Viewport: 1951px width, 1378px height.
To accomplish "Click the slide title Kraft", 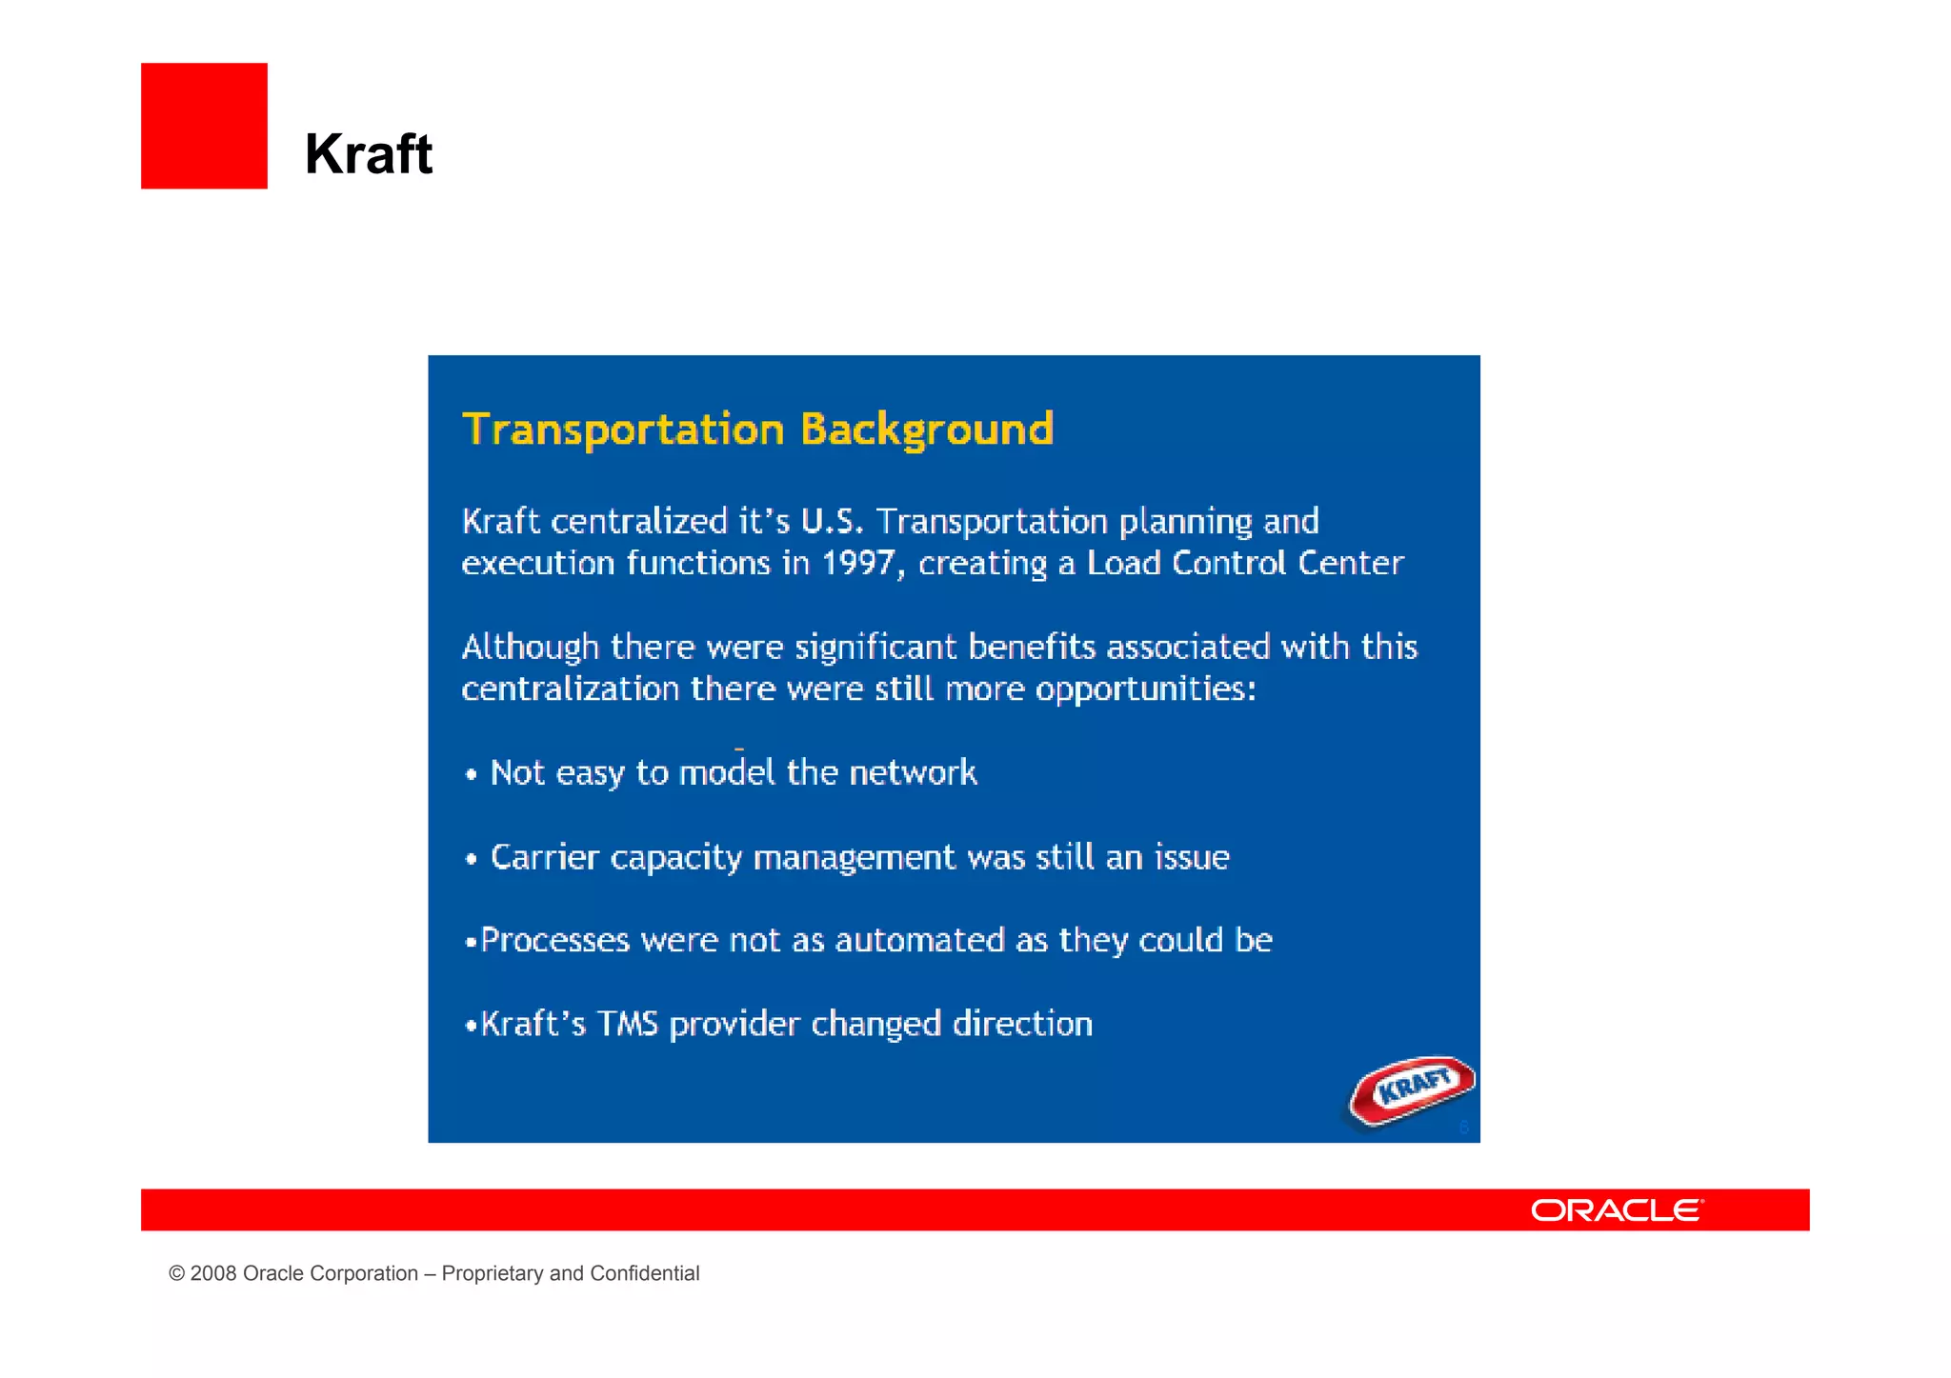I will point(369,154).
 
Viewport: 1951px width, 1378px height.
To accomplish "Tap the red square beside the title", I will point(204,126).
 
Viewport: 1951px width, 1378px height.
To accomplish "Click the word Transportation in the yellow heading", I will point(623,429).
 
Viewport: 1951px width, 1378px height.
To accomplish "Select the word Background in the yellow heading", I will point(927,429).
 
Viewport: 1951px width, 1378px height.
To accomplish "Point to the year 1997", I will point(858,563).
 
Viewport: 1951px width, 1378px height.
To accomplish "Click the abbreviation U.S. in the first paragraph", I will point(832,521).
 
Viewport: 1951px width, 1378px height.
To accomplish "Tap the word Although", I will point(531,647).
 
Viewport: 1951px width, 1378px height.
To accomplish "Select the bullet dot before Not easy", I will point(471,774).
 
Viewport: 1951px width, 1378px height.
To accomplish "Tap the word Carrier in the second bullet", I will point(544,857).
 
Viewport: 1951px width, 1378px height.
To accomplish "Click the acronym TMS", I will point(627,1024).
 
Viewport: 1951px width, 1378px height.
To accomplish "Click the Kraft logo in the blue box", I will point(1413,1089).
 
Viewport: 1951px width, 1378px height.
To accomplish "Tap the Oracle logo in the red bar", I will point(1617,1210).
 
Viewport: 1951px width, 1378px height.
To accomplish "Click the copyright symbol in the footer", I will point(176,1273).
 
